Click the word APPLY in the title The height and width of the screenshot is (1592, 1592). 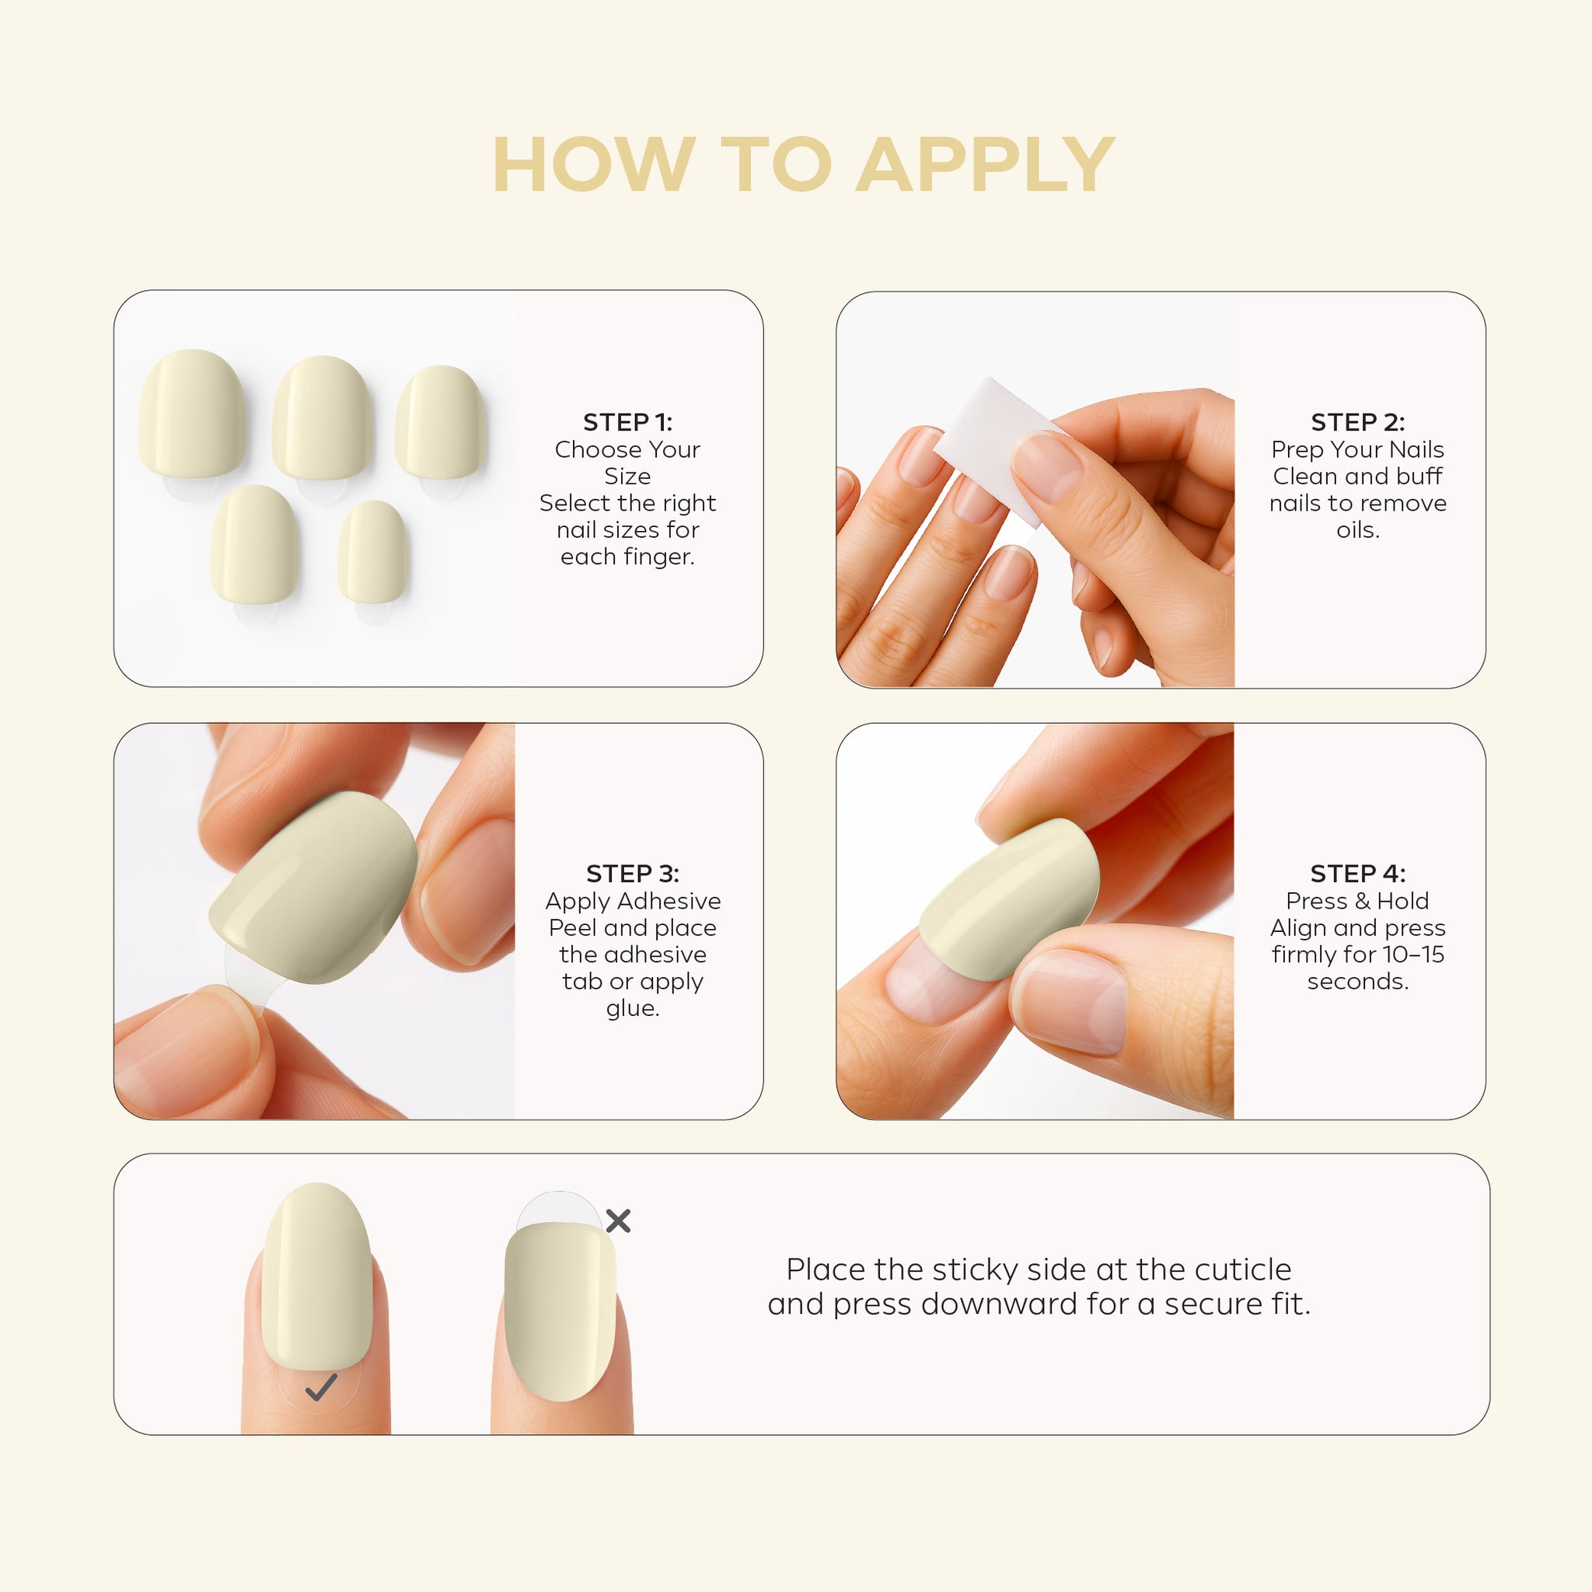pos(986,165)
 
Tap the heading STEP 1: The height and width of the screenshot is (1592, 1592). pos(628,422)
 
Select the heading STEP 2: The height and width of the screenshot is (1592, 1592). pos(1358,422)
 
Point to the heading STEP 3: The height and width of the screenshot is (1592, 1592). pos(633,874)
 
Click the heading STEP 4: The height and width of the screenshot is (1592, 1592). pos(1358,874)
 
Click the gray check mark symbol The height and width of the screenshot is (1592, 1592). pos(320,1388)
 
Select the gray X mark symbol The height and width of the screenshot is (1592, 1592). pos(618,1220)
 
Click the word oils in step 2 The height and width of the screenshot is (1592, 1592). pos(1356,530)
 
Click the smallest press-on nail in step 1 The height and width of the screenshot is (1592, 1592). pos(372,551)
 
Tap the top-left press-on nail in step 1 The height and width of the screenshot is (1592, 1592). pos(193,414)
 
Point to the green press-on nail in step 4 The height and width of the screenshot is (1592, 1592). pos(1010,900)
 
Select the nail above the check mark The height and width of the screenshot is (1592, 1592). pos(317,1276)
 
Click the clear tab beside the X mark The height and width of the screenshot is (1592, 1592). pos(559,1208)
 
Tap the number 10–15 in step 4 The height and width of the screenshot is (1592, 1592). pos(1413,955)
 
